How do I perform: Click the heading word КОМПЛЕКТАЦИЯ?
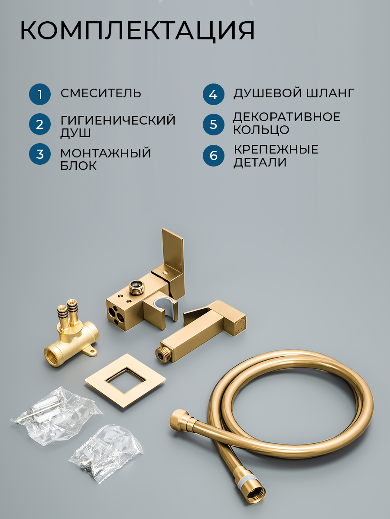pos(137,31)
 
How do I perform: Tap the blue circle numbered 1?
pos(40,94)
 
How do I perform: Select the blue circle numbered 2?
pos(40,124)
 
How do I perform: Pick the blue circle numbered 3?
pos(40,154)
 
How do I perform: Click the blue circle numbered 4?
pos(213,94)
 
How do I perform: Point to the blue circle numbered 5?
pos(213,124)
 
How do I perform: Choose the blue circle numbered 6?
pos(213,156)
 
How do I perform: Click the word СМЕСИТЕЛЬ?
pos(101,93)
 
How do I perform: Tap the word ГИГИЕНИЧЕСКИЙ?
pos(118,120)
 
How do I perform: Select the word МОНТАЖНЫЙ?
pos(106,153)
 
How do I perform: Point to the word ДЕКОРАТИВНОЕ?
pos(287,117)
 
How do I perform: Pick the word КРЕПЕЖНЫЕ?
pos(276,149)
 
